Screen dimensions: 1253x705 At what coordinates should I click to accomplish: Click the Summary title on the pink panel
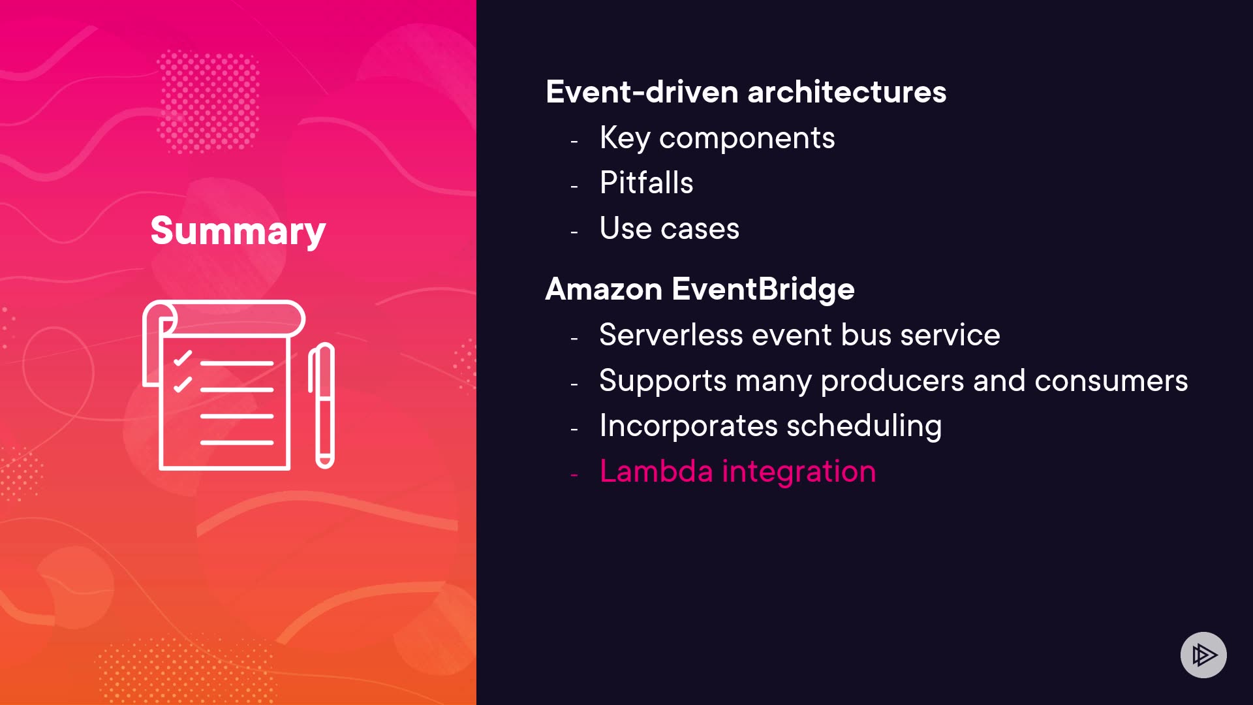(238, 231)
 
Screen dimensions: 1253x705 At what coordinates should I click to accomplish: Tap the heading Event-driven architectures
(746, 92)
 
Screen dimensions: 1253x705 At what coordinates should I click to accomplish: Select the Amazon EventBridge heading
(700, 289)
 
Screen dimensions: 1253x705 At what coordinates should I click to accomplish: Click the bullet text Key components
(717, 138)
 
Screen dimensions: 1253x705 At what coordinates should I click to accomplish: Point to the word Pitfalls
(646, 182)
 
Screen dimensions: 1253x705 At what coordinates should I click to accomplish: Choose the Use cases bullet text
(670, 228)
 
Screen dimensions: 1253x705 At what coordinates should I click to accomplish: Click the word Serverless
(671, 335)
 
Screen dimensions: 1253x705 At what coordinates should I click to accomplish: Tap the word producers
(892, 381)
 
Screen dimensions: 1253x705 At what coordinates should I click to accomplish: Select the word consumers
(1111, 381)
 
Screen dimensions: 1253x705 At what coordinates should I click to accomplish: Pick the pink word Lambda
(656, 471)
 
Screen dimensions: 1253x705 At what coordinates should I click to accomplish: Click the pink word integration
(799, 472)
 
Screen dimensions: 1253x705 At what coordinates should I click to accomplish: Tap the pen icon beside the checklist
(322, 405)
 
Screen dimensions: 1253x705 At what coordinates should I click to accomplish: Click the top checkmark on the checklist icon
(183, 358)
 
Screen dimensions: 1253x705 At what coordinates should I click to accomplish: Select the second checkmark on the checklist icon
(183, 384)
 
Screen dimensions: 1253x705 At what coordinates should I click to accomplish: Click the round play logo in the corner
(1203, 655)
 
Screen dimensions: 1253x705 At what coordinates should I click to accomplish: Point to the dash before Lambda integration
(574, 475)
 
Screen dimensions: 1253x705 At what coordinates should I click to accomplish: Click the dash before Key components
(574, 141)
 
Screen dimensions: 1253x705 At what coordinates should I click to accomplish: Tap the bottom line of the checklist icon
(237, 443)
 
